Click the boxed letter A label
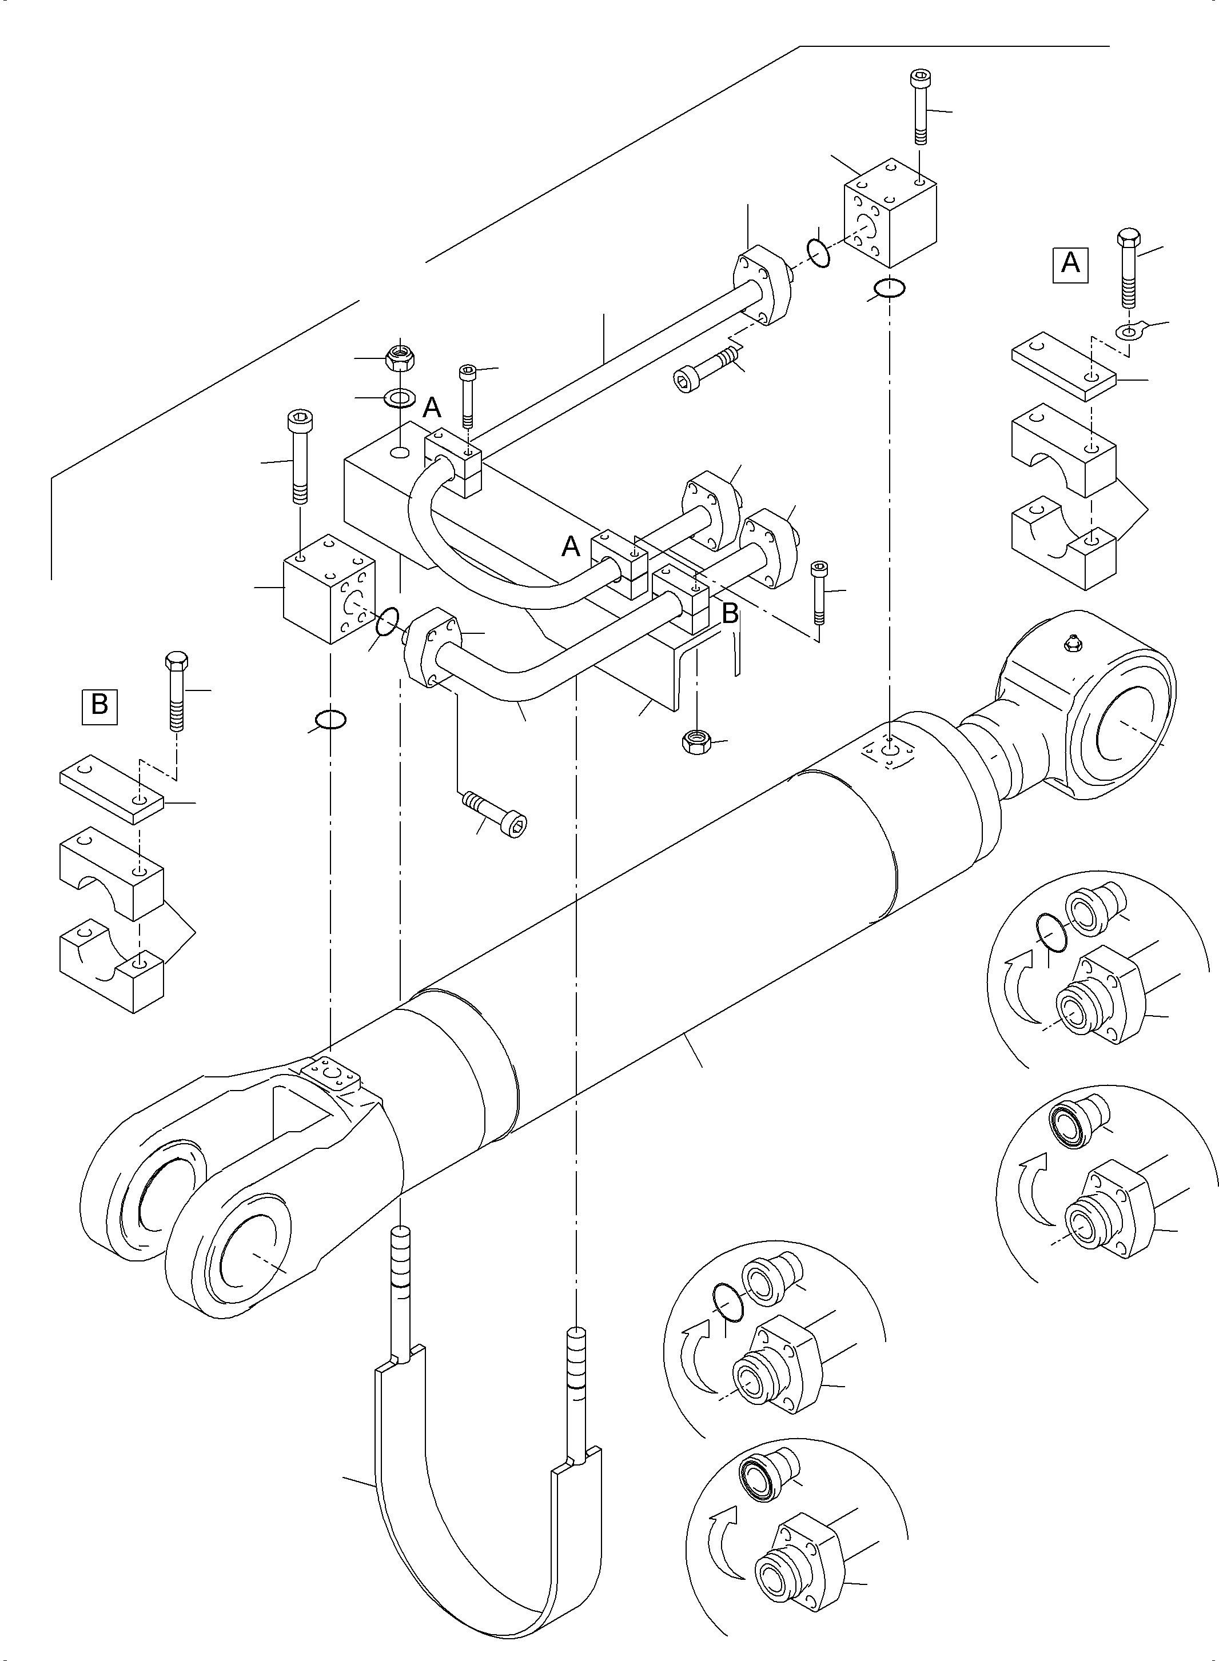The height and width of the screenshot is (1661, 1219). [x=1070, y=262]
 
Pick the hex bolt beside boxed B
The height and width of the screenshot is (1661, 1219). [x=176, y=690]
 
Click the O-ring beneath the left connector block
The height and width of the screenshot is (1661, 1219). [x=330, y=718]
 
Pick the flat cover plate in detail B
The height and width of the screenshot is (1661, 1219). [x=111, y=788]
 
